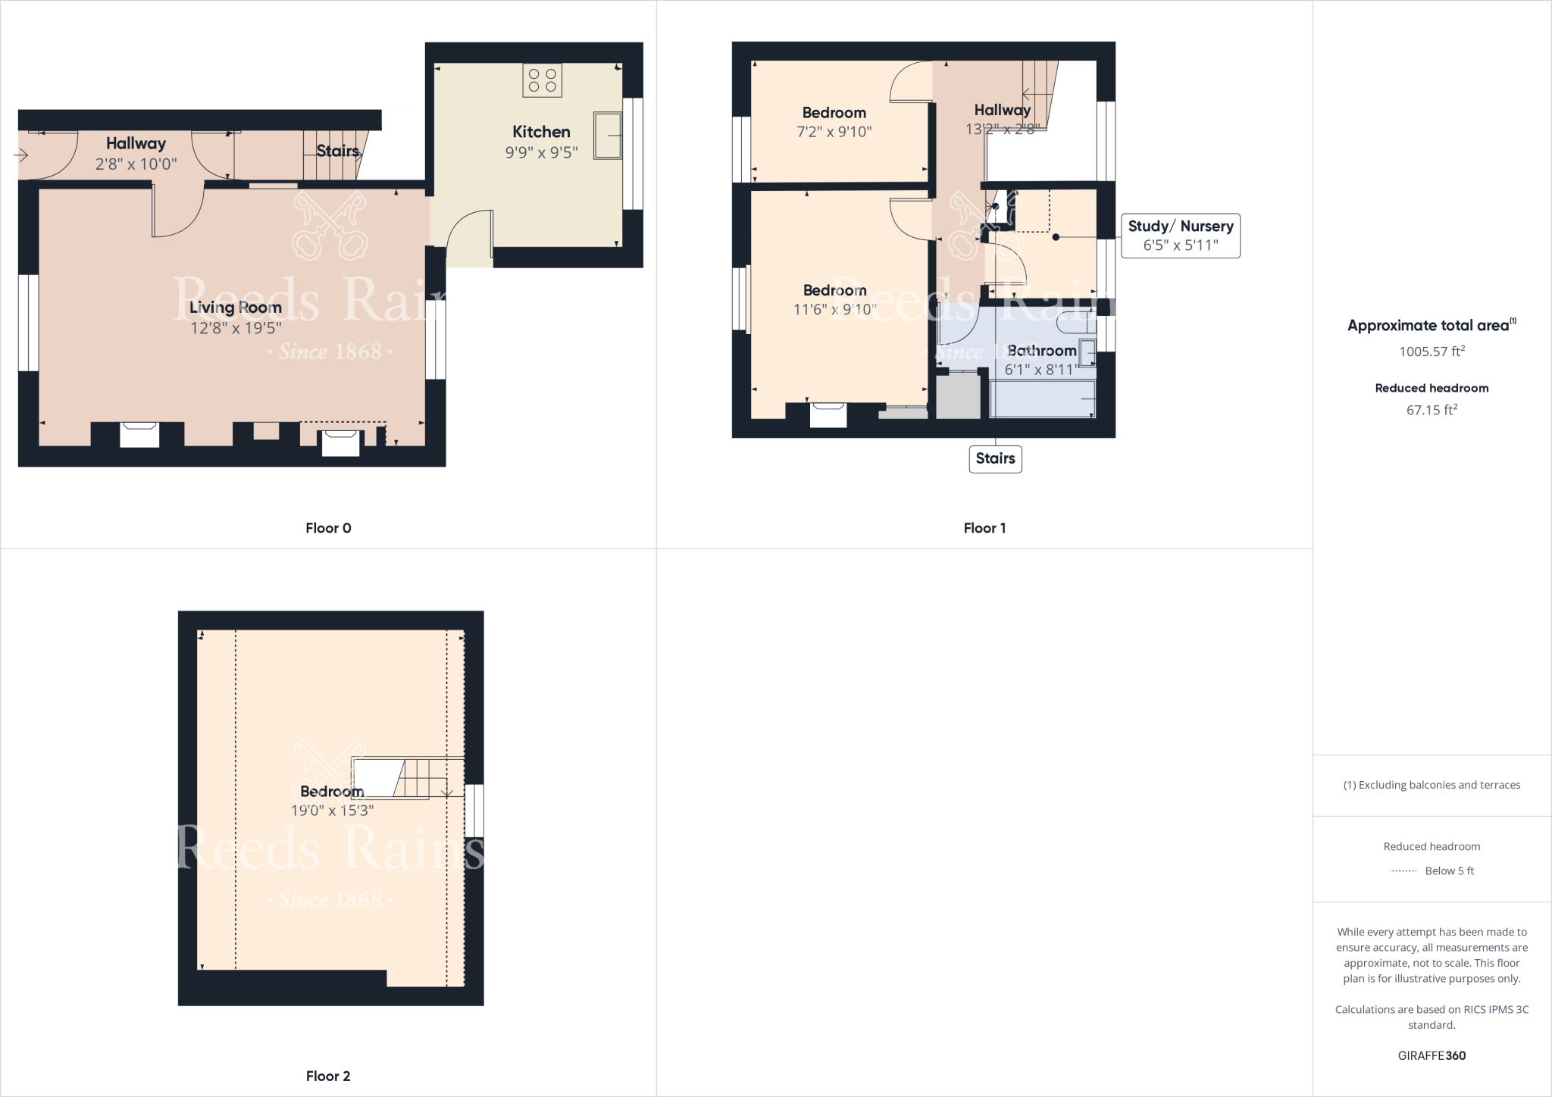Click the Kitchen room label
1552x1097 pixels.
coord(541,132)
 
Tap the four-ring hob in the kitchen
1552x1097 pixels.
coord(542,80)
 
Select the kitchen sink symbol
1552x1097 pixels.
coord(607,136)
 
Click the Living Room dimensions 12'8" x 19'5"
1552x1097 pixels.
coord(236,327)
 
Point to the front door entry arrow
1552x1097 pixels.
coord(21,155)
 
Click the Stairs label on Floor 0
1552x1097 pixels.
coord(337,151)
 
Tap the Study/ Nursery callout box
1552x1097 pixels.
coord(1180,236)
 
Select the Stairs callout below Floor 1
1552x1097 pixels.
coord(995,458)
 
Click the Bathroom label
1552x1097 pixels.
coord(1042,351)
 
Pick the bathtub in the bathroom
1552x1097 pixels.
coord(1043,398)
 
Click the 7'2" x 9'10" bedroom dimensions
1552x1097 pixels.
coord(834,132)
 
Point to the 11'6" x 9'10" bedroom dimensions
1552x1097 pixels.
coord(834,309)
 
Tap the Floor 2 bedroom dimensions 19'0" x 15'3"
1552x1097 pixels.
coord(332,810)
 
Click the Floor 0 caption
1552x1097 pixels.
coord(328,528)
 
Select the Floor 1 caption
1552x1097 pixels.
coord(984,528)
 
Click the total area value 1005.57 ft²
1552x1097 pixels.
coord(1432,352)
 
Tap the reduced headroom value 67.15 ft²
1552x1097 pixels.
coord(1432,410)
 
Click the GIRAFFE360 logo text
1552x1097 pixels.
coord(1432,1055)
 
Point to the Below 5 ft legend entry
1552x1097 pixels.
coord(1448,870)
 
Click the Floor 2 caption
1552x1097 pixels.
coord(328,1076)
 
